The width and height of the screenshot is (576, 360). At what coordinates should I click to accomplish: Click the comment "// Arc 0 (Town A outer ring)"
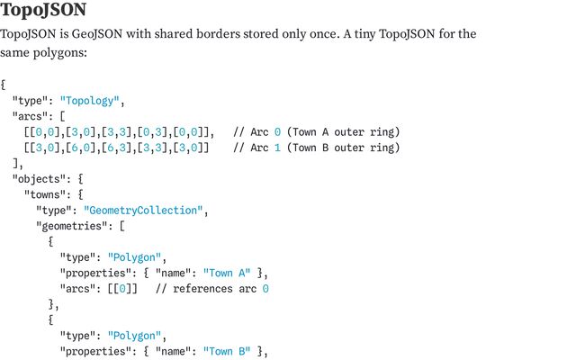(316, 132)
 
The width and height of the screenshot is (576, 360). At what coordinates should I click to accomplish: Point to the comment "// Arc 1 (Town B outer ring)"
(316, 148)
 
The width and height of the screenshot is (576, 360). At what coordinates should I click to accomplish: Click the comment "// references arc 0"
(212, 289)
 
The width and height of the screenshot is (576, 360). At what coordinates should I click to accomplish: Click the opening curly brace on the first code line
(4, 85)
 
